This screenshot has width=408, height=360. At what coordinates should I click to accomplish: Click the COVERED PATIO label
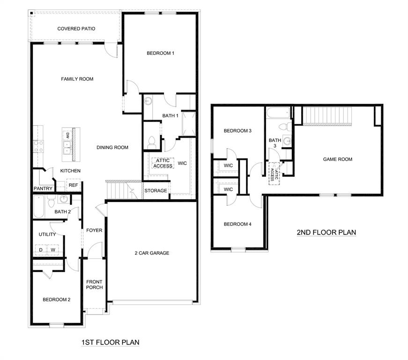coord(76,29)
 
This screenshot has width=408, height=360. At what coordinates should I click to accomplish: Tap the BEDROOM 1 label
coord(161,53)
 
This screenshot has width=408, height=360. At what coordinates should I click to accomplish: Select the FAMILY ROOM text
coord(77,79)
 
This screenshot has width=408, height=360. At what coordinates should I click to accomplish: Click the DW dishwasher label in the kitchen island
coord(68,136)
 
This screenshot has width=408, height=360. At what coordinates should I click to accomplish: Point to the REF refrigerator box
coord(74,185)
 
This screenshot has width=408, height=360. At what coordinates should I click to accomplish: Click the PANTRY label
coord(43,188)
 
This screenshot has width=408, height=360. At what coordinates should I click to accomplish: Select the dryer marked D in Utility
coord(41,250)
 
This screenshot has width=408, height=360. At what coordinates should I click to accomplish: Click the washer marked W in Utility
coord(53,250)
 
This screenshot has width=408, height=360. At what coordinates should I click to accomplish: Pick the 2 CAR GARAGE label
coord(152,253)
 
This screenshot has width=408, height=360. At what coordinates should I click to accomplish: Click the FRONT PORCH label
coord(94,285)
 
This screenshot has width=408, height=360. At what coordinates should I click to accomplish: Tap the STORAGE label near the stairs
coord(156,191)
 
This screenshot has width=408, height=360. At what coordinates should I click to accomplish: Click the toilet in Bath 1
coord(151,142)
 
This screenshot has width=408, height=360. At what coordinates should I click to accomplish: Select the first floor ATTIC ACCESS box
coord(163,163)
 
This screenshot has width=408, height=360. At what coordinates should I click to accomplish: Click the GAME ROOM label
coord(337,159)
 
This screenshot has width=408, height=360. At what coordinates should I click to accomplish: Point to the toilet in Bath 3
coord(282,127)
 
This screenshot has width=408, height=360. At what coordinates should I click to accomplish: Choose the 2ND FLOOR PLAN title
coord(326,232)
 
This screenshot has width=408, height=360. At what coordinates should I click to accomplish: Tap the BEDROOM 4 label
coord(237,224)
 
